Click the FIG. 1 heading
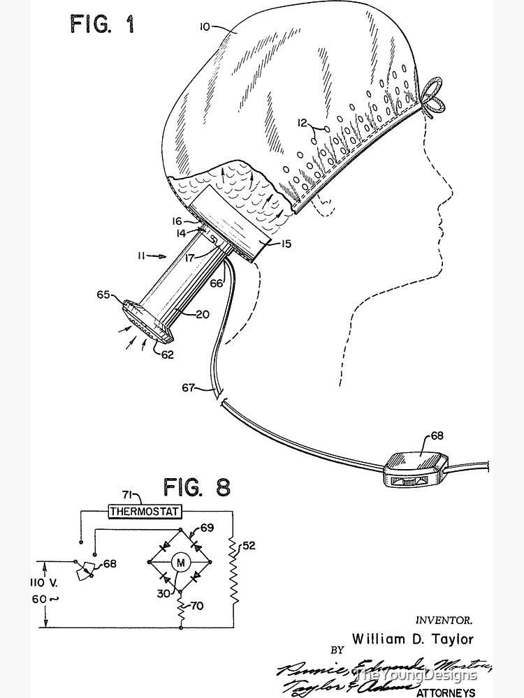pos(102,25)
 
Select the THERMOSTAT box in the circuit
pos(145,512)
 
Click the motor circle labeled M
pos(179,562)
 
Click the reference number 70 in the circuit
pos(196,607)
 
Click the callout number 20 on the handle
pos(202,314)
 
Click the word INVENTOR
pos(444,618)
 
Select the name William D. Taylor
pos(402,638)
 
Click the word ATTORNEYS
pos(445,692)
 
